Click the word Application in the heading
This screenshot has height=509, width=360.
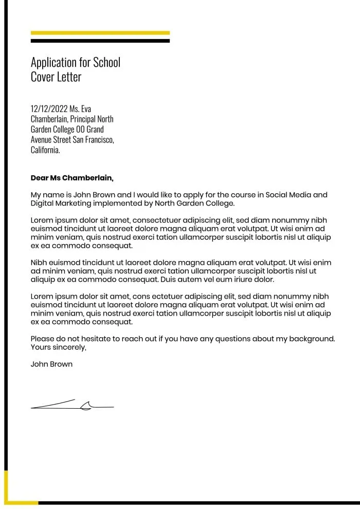[x=53, y=63]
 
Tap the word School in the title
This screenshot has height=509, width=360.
[x=106, y=63]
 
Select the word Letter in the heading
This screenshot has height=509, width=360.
[x=69, y=78]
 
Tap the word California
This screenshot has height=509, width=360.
[x=45, y=150]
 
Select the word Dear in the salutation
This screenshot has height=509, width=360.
[x=39, y=178]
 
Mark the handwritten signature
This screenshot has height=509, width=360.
[x=72, y=405]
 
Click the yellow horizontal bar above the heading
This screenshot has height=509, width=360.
[x=100, y=33]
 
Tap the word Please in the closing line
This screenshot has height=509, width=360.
[x=43, y=339]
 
